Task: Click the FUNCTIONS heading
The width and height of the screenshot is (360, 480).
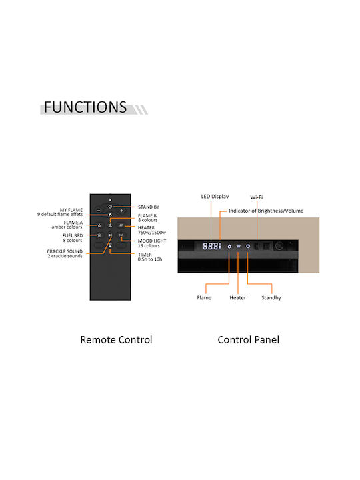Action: point(85,107)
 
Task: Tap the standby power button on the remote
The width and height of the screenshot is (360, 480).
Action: point(110,207)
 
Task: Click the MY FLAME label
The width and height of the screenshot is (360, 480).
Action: point(71,210)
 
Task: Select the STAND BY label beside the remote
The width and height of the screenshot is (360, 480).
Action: point(149,207)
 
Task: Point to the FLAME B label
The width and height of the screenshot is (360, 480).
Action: point(147,215)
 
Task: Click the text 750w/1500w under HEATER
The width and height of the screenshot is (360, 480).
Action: point(152,233)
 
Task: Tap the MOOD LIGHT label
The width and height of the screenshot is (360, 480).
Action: point(152,241)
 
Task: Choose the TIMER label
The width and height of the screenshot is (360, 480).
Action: point(145,255)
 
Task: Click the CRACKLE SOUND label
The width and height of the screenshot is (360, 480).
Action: point(65,251)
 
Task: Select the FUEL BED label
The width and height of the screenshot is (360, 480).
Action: point(73,235)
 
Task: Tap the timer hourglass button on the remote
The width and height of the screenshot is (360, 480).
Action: point(110,245)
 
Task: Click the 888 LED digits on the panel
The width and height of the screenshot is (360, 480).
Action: point(211,246)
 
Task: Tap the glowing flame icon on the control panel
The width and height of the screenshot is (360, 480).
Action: point(229,246)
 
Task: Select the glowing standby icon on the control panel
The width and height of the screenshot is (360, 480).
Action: point(248,246)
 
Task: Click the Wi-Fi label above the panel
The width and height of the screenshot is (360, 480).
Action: point(257,197)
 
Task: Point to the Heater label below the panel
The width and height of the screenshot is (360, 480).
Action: point(238,297)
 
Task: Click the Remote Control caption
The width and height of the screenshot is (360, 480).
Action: point(116,339)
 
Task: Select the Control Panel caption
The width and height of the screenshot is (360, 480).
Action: point(248,339)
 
